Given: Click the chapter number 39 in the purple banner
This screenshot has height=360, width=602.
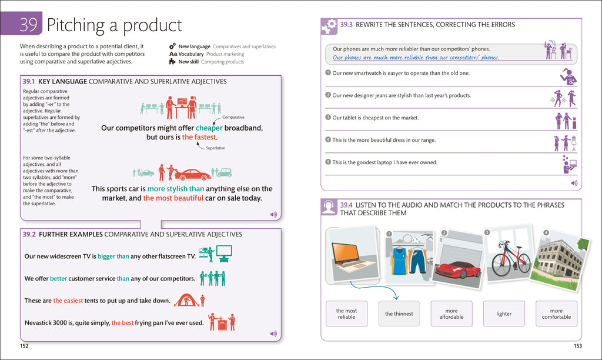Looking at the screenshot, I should (28, 25).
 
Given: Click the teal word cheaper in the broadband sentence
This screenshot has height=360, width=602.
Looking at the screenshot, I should (209, 128).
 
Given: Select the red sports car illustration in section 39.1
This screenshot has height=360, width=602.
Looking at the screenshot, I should (192, 175).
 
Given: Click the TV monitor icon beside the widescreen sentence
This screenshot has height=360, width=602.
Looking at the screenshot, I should (224, 254).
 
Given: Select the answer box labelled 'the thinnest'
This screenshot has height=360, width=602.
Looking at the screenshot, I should (399, 314).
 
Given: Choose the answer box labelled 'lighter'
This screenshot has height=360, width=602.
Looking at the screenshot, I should (504, 314).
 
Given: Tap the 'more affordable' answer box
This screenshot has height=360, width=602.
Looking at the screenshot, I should (451, 314).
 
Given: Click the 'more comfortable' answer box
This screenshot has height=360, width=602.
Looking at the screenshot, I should (556, 314).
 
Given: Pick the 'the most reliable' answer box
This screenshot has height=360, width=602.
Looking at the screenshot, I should (346, 314).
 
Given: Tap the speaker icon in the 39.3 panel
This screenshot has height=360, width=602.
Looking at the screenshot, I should (573, 183).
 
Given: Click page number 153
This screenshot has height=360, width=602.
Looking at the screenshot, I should (577, 345).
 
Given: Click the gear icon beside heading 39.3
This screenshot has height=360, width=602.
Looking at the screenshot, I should (329, 26).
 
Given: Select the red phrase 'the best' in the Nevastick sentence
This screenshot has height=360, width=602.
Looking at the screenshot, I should (123, 322).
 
